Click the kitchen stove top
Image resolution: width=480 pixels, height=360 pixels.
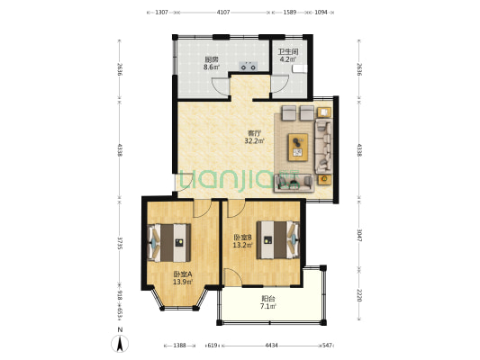[x=249, y=66]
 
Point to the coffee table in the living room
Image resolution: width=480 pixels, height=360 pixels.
[x=297, y=147]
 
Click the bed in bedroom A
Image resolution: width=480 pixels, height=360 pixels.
[x=169, y=243]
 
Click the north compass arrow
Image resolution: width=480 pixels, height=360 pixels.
[x=120, y=344]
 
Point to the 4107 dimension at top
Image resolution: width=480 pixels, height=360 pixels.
[x=223, y=13]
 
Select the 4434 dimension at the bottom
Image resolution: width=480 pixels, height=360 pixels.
[x=271, y=346]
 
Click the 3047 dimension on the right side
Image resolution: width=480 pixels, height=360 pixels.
[x=359, y=236]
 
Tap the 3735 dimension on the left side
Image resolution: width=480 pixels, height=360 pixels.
[x=120, y=243]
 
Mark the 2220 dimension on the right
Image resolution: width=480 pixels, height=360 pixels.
[x=359, y=295]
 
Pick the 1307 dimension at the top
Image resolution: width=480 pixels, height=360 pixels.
[x=161, y=13]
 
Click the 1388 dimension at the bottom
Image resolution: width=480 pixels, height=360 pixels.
[x=180, y=346]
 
